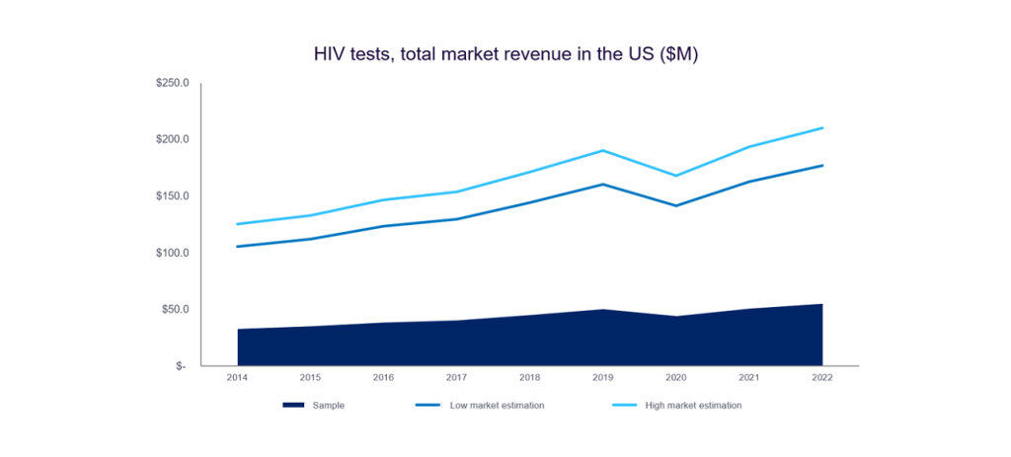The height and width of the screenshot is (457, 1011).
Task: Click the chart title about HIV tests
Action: pyautogui.click(x=505, y=55)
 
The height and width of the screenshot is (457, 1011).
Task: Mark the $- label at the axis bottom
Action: pyautogui.click(x=179, y=366)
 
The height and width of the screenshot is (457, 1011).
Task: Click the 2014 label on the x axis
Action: pyautogui.click(x=237, y=378)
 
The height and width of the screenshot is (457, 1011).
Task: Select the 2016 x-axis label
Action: pyautogui.click(x=383, y=378)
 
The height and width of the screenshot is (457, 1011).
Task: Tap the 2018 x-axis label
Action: pyautogui.click(x=529, y=378)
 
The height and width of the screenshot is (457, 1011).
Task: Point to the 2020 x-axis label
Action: pyautogui.click(x=675, y=378)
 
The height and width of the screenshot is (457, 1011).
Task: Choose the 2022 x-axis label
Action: pyautogui.click(x=822, y=378)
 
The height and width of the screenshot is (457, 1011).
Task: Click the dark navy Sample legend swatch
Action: pyautogui.click(x=293, y=405)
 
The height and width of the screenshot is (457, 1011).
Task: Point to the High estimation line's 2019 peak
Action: pyautogui.click(x=603, y=151)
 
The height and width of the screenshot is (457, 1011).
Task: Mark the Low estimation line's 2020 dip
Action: pyautogui.click(x=676, y=205)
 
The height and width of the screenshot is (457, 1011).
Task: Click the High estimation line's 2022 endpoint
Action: pyautogui.click(x=822, y=128)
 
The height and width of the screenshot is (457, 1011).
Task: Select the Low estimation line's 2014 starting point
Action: pyautogui.click(x=238, y=247)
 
